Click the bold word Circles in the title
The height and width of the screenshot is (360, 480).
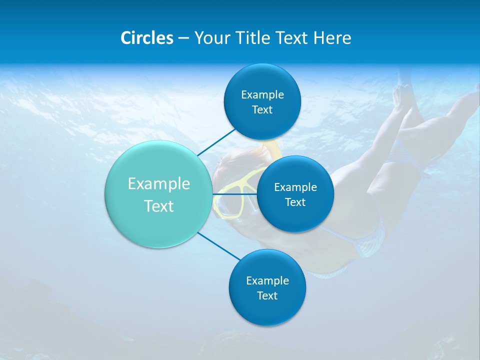coord(146,38)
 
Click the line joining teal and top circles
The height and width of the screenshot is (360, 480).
coord(216,142)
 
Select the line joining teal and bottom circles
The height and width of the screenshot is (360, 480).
coord(219,246)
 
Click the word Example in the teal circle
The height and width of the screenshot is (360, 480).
coord(159,184)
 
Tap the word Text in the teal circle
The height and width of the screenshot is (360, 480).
coord(159,206)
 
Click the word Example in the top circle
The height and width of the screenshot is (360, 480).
coord(262,94)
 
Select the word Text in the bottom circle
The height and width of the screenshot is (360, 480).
coord(267,295)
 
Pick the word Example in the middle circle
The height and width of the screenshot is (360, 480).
coord(295,187)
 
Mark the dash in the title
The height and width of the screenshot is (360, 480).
coord(183,38)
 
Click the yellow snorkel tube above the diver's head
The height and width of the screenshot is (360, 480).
coord(274,147)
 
